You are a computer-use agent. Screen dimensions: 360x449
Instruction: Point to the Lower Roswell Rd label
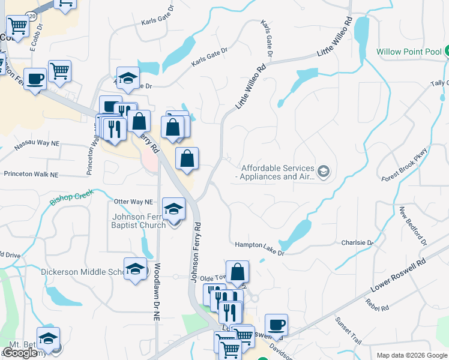pos(399,275)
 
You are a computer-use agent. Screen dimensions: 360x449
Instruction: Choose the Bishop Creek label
pos(72,197)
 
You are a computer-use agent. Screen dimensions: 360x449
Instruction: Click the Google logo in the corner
pos(20,353)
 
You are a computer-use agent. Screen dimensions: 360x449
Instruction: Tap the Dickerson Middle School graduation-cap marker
pos(136,268)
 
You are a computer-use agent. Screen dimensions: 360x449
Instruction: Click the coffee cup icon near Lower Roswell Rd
pos(276,325)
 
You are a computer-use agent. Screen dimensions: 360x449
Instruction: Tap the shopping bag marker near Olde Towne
pos(238,271)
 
